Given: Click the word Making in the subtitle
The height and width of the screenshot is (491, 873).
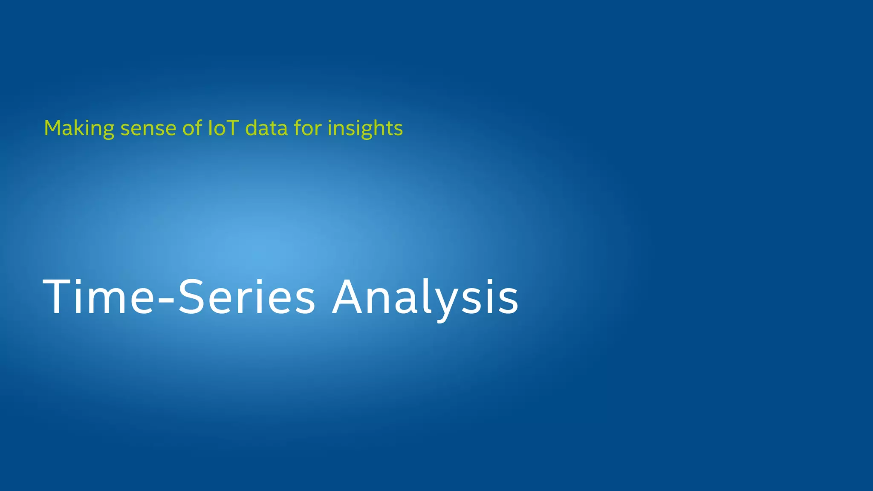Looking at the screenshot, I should [x=79, y=128].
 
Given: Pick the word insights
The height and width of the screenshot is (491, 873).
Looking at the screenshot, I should [x=365, y=128].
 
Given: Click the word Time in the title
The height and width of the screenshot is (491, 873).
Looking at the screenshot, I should [x=98, y=297].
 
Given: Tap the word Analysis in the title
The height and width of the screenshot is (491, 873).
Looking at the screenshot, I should [x=425, y=297].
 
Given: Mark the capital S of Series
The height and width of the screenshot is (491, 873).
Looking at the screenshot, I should [x=191, y=297].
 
